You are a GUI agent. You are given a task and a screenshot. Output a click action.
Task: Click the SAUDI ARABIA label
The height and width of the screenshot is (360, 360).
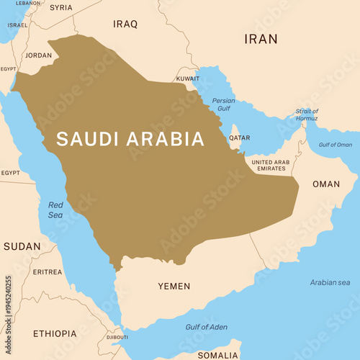[130, 139]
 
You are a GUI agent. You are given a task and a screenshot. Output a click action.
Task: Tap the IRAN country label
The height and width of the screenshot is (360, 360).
[260, 39]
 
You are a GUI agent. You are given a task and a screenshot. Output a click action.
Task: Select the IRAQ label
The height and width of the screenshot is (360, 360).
[125, 24]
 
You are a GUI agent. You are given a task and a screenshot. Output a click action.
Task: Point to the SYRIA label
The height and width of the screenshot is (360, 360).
[61, 7]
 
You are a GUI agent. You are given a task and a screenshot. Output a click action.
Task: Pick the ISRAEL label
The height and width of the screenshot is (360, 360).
[17, 24]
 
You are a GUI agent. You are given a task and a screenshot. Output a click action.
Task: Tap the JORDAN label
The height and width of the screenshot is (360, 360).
[38, 55]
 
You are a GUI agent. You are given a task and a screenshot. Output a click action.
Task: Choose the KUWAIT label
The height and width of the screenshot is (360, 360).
[188, 78]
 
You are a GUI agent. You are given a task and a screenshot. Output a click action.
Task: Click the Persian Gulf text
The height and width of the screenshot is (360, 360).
[223, 104]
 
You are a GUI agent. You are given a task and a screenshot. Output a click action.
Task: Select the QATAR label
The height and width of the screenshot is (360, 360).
[240, 137]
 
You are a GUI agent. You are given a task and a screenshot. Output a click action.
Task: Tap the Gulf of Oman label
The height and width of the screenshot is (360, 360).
[336, 145]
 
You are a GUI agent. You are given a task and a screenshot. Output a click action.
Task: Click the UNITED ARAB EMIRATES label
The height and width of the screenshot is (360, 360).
[271, 165]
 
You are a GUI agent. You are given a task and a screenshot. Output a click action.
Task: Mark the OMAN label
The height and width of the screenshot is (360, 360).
[326, 184]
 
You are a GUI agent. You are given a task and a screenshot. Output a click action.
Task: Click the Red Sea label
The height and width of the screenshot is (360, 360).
[55, 210]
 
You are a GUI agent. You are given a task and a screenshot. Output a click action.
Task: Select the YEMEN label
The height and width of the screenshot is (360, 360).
[174, 286]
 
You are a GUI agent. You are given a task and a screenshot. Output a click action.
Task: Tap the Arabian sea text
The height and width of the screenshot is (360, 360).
[329, 282]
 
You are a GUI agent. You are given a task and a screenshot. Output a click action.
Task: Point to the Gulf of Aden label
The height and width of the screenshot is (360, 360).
[206, 327]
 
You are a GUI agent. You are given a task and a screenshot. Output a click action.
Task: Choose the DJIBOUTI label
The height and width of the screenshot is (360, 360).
[117, 336]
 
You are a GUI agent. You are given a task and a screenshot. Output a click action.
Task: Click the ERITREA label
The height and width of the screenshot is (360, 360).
[48, 271]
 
